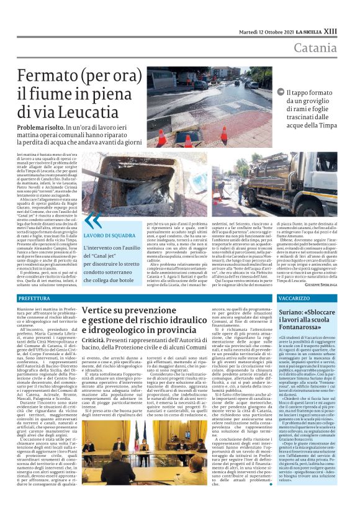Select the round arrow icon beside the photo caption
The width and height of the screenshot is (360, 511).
click(x=281, y=93)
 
